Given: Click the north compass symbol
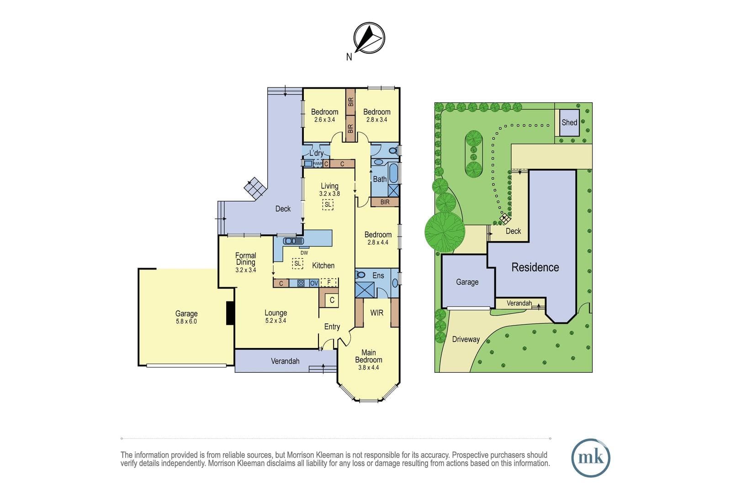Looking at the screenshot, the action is (x=369, y=38).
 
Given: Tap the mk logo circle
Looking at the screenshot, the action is (x=591, y=458).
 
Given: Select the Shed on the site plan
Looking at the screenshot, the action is (x=569, y=123).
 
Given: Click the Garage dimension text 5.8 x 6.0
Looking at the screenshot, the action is (x=186, y=322).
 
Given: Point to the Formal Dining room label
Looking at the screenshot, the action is (x=246, y=259).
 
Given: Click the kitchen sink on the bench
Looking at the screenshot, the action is (x=294, y=241).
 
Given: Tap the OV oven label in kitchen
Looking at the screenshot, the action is (x=314, y=283).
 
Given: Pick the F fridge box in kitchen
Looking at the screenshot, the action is (x=328, y=282).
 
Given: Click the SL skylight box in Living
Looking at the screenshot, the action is (x=328, y=205).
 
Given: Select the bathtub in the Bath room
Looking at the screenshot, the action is (x=393, y=173).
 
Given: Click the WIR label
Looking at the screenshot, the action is (x=376, y=313).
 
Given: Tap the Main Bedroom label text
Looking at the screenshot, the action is (x=368, y=356).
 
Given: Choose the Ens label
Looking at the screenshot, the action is (x=378, y=276).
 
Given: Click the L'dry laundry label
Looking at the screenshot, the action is (x=316, y=153).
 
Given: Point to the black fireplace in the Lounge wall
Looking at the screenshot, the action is (x=230, y=313).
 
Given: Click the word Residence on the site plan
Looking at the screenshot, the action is (x=535, y=267).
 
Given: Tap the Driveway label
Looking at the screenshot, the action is (x=466, y=339).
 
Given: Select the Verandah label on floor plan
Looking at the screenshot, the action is (x=285, y=361).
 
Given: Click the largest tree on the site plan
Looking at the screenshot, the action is (x=445, y=232).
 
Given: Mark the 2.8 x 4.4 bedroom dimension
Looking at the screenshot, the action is (x=378, y=242).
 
